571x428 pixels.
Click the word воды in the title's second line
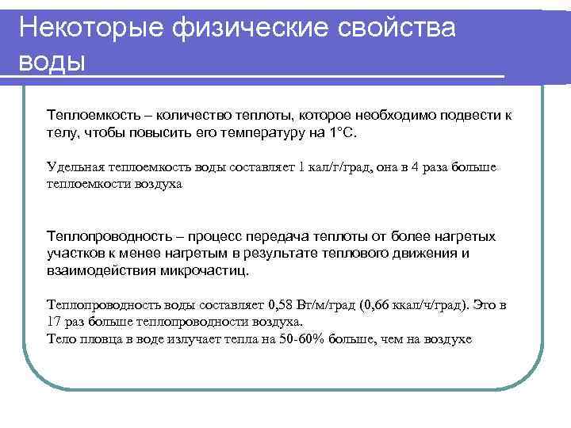point(52,60)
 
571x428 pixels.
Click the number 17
point(55,322)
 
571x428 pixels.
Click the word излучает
point(192,339)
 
